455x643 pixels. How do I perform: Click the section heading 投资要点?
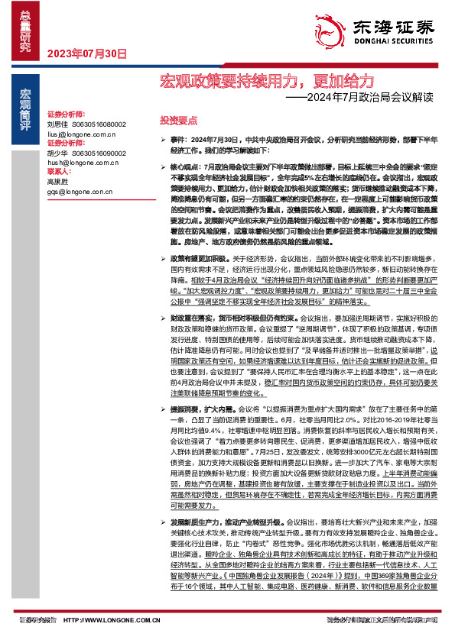(x=178, y=121)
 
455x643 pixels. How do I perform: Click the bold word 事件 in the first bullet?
(x=178, y=141)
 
